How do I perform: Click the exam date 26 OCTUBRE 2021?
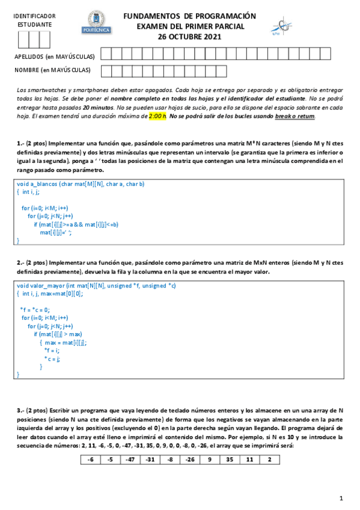[x=189, y=36]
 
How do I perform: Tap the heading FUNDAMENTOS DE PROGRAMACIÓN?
[x=189, y=16]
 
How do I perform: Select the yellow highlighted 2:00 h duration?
[x=157, y=116]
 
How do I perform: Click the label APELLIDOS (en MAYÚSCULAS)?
[x=54, y=57]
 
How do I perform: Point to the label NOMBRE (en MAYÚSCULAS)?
[x=52, y=70]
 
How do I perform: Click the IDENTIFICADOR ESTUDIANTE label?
[x=34, y=20]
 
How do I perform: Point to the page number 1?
[x=341, y=498]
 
